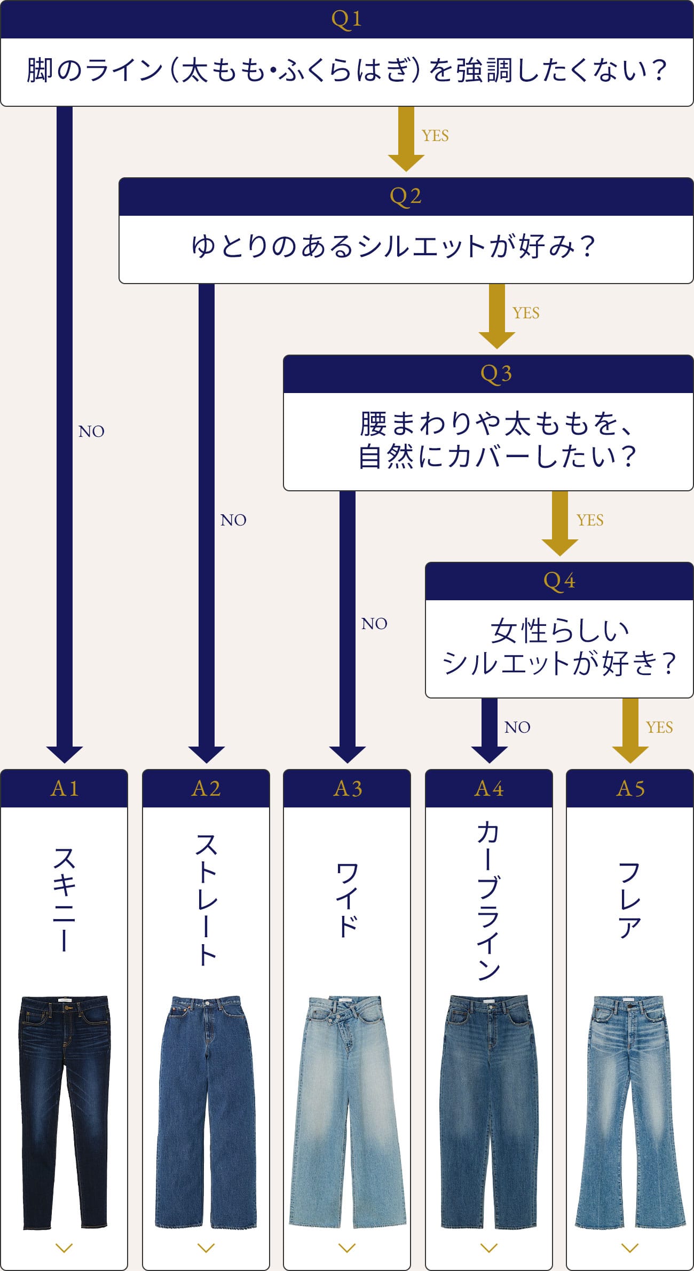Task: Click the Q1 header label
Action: tap(346, 19)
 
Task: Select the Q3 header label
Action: tap(496, 374)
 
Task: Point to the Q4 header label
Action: tap(559, 580)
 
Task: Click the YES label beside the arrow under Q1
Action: tap(435, 136)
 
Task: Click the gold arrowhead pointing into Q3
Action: tap(496, 340)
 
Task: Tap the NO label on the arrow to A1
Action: tap(91, 431)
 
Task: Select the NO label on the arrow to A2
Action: tap(233, 520)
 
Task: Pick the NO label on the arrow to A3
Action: tap(374, 624)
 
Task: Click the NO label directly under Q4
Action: tap(517, 727)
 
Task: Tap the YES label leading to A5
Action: tap(659, 727)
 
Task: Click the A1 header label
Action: tap(64, 789)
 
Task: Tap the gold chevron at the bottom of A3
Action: tap(347, 1248)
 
